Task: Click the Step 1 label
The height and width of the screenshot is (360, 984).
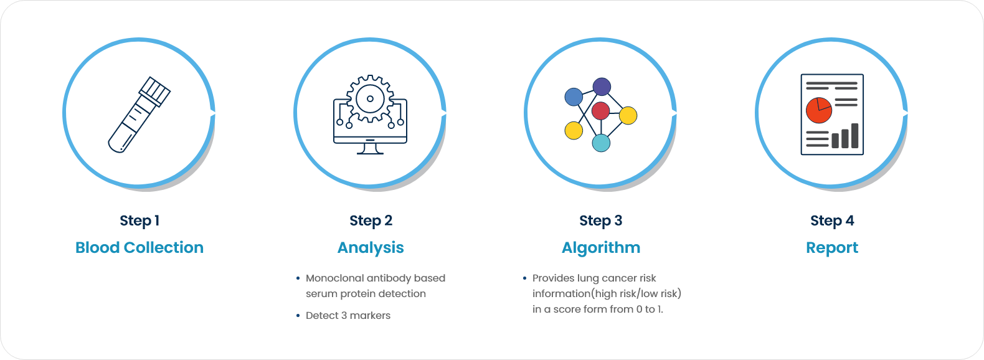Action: pyautogui.click(x=140, y=220)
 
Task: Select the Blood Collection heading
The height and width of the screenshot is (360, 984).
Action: pyautogui.click(x=140, y=247)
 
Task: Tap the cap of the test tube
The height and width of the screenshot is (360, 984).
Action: pyautogui.click(x=154, y=91)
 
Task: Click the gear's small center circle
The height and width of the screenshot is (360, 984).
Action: pyautogui.click(x=370, y=99)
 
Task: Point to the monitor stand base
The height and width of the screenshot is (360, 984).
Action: pyautogui.click(x=370, y=153)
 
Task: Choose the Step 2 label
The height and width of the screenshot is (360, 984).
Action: pyautogui.click(x=371, y=220)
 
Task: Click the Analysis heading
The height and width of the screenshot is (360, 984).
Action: pyautogui.click(x=371, y=248)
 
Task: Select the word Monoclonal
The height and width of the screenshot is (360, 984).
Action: pyautogui.click(x=334, y=278)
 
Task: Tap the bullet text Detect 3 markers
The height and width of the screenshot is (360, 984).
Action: pyautogui.click(x=348, y=316)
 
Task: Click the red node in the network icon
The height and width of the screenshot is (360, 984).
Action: pyautogui.click(x=600, y=111)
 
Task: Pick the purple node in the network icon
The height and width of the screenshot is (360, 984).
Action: pyautogui.click(x=602, y=87)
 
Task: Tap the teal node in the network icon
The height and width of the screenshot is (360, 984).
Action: pyautogui.click(x=601, y=143)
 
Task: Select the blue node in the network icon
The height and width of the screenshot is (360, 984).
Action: pyautogui.click(x=574, y=97)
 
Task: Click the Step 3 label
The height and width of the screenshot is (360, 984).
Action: pyautogui.click(x=600, y=220)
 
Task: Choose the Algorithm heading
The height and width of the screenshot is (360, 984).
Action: pyautogui.click(x=601, y=248)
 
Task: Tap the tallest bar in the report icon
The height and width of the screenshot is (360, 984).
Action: pyautogui.click(x=855, y=135)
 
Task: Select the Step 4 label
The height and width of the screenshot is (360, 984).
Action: pyautogui.click(x=832, y=220)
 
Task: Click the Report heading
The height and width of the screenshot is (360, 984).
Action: pyautogui.click(x=832, y=248)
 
